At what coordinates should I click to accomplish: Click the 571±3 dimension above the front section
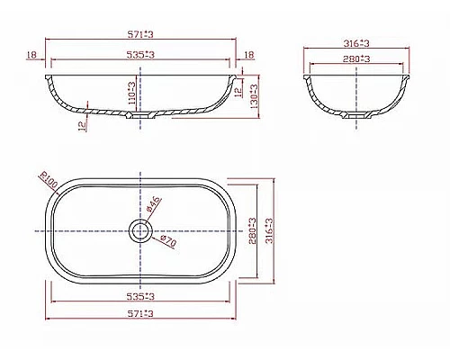point(141,35)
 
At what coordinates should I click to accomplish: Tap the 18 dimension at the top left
point(32,55)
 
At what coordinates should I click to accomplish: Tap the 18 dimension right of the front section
point(249,55)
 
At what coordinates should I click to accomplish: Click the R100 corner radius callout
point(47,183)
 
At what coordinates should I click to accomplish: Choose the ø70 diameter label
point(166,240)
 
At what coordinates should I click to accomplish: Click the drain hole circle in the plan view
point(139,230)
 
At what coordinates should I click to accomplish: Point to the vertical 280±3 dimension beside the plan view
point(251,230)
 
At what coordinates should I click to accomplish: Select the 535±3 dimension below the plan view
point(141,295)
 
